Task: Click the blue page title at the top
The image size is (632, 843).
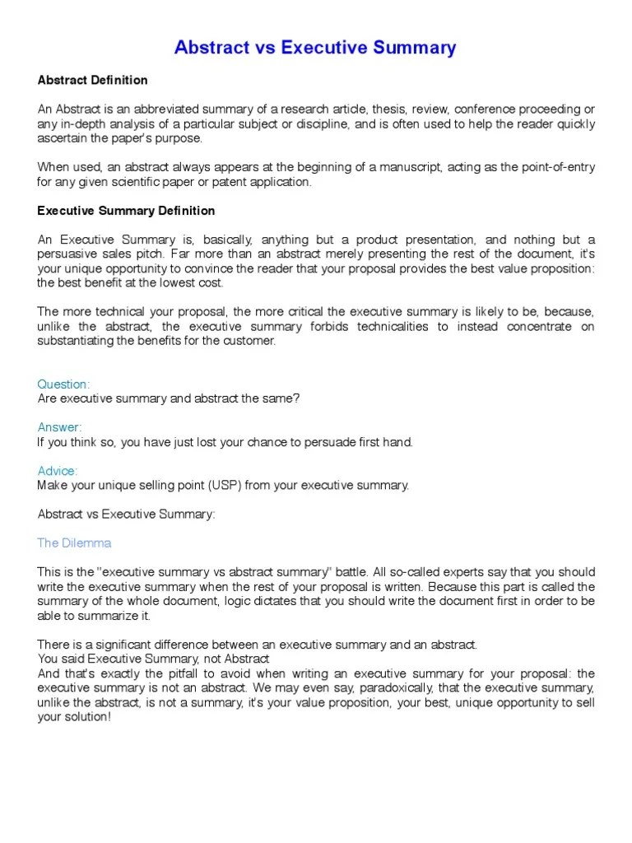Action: [x=315, y=48]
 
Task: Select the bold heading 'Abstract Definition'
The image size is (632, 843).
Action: [x=92, y=81]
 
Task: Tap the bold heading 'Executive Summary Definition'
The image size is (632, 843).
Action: [x=126, y=211]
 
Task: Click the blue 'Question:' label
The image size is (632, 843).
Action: [x=63, y=384]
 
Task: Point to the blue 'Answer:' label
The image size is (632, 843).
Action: [x=59, y=427]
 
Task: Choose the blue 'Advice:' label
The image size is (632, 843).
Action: [x=58, y=471]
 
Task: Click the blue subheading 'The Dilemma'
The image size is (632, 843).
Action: [x=74, y=543]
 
